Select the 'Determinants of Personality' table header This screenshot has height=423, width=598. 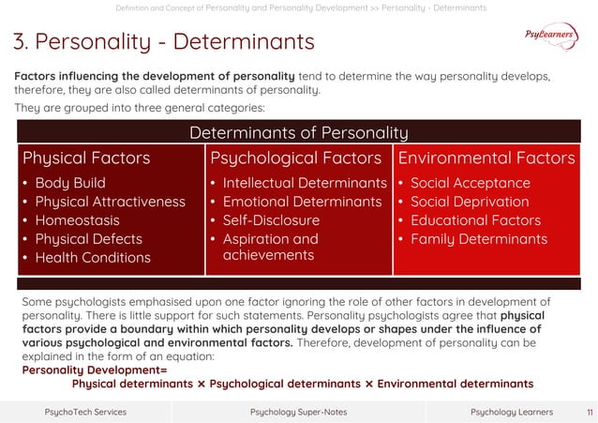pos(298,132)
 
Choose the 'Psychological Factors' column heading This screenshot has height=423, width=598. pos(295,157)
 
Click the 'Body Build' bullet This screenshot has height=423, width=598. pos(70,183)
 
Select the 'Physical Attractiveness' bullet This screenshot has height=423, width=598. pos(110,202)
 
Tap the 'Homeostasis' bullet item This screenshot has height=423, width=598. pos(78,220)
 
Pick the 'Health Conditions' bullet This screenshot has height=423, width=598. pos(93,258)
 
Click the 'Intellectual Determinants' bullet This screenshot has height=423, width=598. pos(304,183)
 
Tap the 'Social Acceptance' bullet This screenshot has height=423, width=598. pos(470,183)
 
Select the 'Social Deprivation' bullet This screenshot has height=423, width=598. pos(470,202)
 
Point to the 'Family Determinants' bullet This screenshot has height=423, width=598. pos(479,239)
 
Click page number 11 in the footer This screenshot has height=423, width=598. pos(589,412)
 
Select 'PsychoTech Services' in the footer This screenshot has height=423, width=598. pos(85,412)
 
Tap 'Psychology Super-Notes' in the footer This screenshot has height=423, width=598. pos(298,412)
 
